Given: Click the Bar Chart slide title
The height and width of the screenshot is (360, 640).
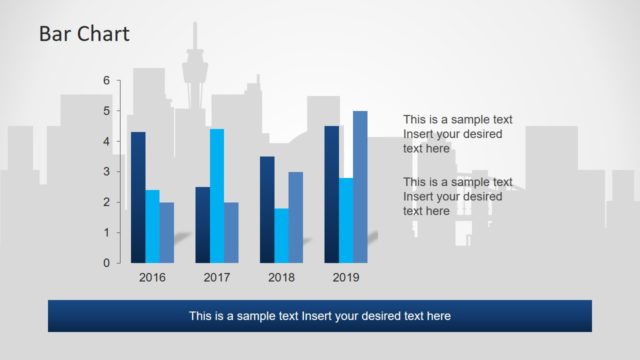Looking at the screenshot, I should [x=84, y=35].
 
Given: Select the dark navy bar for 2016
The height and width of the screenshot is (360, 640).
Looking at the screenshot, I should [x=138, y=197].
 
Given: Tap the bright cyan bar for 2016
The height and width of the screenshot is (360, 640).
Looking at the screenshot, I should [x=152, y=226].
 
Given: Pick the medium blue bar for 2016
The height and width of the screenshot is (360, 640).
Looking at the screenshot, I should [x=166, y=232].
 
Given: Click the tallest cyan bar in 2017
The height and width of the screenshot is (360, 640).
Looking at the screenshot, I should [x=217, y=195].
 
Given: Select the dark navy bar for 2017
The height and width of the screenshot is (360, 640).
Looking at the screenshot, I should [x=203, y=224].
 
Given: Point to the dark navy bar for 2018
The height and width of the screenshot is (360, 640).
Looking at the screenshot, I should [x=267, y=209].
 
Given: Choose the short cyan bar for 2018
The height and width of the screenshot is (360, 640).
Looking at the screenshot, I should [x=281, y=235].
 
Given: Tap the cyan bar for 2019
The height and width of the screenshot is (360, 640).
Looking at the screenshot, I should [x=346, y=220].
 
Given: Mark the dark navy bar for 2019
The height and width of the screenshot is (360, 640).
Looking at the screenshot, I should [x=332, y=194].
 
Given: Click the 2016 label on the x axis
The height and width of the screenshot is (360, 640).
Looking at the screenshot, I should [x=152, y=277].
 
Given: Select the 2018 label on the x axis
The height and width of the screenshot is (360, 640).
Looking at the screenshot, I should [x=281, y=277].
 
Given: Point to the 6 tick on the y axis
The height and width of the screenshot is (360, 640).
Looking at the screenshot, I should [x=107, y=80].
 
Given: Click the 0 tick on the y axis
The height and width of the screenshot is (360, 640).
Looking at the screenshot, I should [x=107, y=263].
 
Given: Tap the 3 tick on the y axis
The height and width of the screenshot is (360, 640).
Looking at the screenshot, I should [x=107, y=172].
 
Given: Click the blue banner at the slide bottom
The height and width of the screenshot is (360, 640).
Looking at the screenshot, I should [x=320, y=316].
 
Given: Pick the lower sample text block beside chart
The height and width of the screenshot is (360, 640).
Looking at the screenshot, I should [x=457, y=196].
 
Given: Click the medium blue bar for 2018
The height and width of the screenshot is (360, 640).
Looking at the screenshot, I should [x=295, y=217].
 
